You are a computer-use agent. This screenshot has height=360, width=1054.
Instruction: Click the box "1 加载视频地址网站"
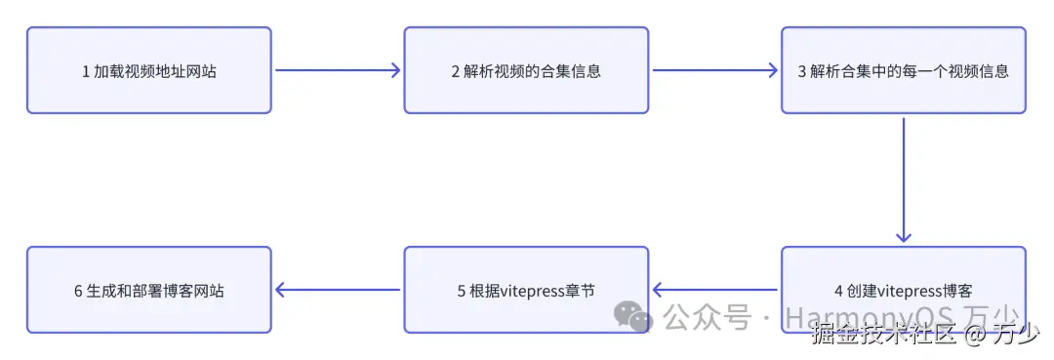point(148,70)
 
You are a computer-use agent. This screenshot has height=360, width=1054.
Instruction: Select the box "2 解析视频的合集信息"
point(526,70)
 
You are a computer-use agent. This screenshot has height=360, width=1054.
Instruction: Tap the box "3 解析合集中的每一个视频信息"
point(903,70)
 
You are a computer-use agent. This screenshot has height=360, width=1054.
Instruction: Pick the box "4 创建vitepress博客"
point(903,290)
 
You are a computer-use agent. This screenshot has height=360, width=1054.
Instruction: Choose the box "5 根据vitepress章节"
point(526,290)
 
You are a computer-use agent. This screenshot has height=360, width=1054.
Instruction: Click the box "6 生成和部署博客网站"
point(148,290)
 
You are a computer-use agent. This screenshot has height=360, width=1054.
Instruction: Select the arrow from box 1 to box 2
point(338,70)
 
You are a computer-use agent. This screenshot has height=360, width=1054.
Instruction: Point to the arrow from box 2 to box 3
point(714,70)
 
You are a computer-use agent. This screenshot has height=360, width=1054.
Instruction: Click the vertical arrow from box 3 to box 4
point(903,180)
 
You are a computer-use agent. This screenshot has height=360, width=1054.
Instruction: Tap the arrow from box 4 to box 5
point(714,290)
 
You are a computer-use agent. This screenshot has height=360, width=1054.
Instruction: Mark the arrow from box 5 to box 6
point(338,290)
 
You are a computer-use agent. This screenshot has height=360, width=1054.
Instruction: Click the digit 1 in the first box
point(86,71)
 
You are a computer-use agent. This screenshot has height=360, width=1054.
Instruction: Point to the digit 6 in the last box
point(78,291)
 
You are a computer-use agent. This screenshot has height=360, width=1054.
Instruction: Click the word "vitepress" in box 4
point(910,291)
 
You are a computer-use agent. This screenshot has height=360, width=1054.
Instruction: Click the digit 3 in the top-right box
point(802,71)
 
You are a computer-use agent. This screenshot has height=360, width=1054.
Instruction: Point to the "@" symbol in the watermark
point(976,335)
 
